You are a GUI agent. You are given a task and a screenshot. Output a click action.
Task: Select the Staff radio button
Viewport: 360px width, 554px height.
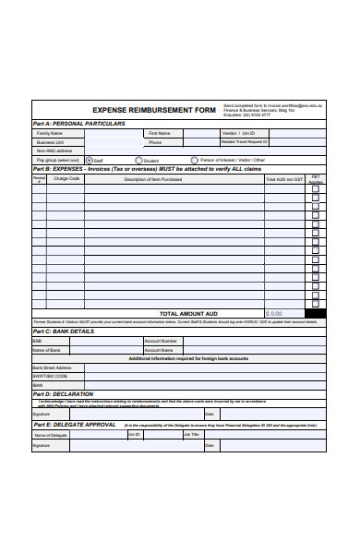point(89,160)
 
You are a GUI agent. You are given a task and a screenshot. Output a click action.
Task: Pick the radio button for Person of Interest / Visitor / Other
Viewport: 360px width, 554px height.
point(194,160)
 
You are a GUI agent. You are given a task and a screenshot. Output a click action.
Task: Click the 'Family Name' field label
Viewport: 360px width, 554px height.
point(50,133)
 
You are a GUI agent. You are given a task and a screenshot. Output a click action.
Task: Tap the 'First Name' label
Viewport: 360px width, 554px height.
point(158,133)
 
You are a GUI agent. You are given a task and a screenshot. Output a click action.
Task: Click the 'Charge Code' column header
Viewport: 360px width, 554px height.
point(67,179)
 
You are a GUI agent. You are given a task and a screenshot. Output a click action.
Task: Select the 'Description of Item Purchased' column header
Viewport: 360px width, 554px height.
point(153,179)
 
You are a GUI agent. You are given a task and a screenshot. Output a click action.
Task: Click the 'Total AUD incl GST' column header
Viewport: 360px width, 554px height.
point(283,179)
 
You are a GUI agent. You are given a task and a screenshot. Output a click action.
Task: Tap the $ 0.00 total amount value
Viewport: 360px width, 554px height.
point(275,313)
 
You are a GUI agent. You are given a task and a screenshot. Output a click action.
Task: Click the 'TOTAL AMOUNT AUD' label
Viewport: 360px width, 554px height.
point(188,313)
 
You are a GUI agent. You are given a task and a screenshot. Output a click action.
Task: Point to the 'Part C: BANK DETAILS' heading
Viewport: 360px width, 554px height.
point(63,331)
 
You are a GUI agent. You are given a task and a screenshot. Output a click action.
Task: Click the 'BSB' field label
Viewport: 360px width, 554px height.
point(38,341)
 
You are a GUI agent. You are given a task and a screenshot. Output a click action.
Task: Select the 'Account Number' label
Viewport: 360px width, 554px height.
point(158,341)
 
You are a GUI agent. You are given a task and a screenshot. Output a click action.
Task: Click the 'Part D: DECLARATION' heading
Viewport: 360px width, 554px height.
point(63,393)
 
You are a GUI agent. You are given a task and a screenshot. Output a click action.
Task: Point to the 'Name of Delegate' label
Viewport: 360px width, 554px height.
point(51,434)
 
